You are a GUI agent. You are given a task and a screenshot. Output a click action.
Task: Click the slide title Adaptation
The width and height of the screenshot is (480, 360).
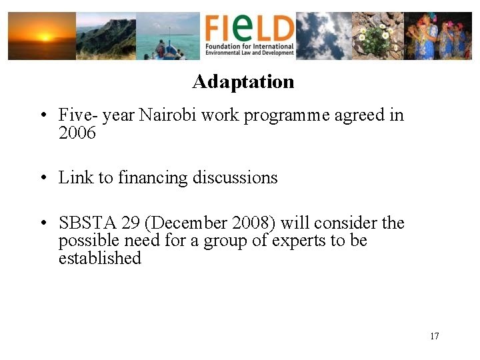pos(243,82)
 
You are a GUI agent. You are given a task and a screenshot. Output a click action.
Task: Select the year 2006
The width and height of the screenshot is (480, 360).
pos(77,133)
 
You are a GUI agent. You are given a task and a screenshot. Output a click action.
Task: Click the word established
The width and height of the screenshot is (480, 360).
pos(99,258)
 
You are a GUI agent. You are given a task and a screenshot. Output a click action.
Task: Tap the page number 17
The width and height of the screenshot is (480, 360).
pos(434,336)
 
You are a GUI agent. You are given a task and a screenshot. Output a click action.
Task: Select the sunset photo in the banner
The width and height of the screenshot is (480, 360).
pos(41,36)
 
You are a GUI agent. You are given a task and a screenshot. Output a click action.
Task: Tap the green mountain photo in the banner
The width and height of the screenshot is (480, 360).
pos(106,36)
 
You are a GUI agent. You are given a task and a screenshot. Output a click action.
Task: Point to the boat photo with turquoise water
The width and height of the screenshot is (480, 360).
pos(167,36)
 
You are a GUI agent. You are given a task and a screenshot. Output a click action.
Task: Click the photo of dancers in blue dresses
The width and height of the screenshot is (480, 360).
pos(438,36)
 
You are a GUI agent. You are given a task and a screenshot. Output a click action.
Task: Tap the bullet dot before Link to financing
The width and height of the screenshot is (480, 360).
pos(42,179)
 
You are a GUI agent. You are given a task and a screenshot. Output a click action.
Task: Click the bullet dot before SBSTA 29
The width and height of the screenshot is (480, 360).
pos(42,223)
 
